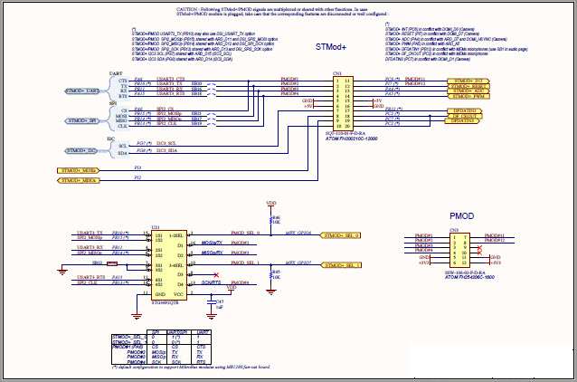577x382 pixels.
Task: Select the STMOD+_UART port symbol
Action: pyautogui.click(x=82, y=91)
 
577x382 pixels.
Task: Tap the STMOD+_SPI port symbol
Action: pyautogui.click(x=82, y=120)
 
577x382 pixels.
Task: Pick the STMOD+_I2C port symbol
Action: pyautogui.click(x=82, y=150)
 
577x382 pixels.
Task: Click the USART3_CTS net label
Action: pyautogui.click(x=170, y=80)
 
